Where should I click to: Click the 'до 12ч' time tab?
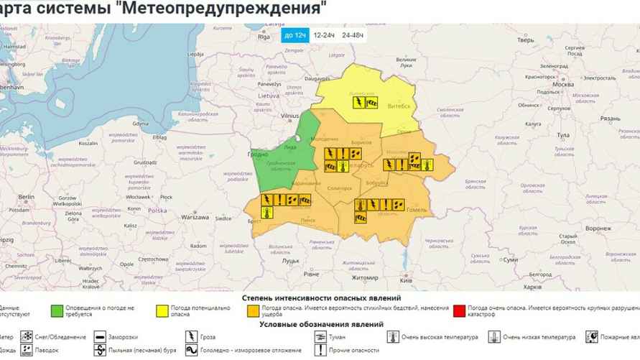(x=295, y=35)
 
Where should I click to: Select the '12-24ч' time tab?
(x=324, y=35)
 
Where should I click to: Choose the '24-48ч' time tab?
(x=353, y=35)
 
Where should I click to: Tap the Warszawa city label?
(x=195, y=216)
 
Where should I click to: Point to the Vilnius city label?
(x=290, y=115)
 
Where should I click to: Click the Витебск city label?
(x=399, y=106)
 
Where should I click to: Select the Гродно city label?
(x=258, y=154)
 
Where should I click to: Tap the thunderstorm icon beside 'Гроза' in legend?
(x=191, y=336)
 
